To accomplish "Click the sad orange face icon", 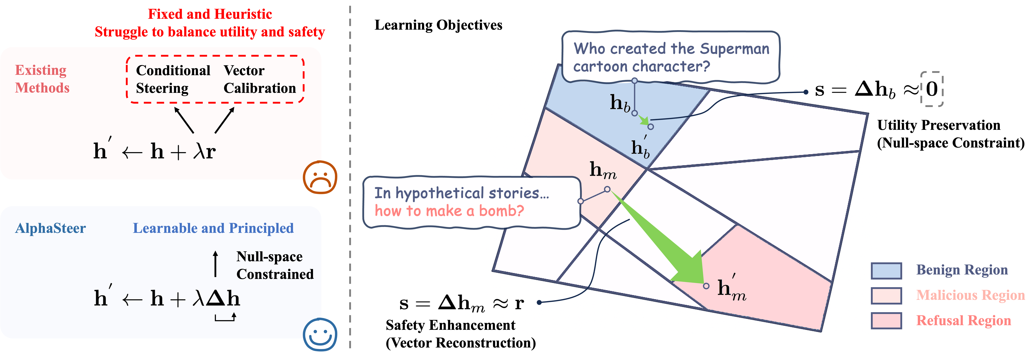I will coord(320,177).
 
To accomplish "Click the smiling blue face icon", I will coord(320,334).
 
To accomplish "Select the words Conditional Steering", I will coord(173,79).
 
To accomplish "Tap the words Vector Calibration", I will coord(260,79).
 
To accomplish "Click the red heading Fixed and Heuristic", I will coord(210,14).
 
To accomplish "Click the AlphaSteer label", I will coord(51,228).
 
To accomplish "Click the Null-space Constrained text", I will coord(275,265).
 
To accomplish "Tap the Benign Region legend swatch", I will coord(886,270).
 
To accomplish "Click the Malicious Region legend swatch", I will coord(886,295).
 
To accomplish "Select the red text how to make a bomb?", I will coord(449,211).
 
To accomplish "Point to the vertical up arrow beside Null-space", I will coord(216,264).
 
